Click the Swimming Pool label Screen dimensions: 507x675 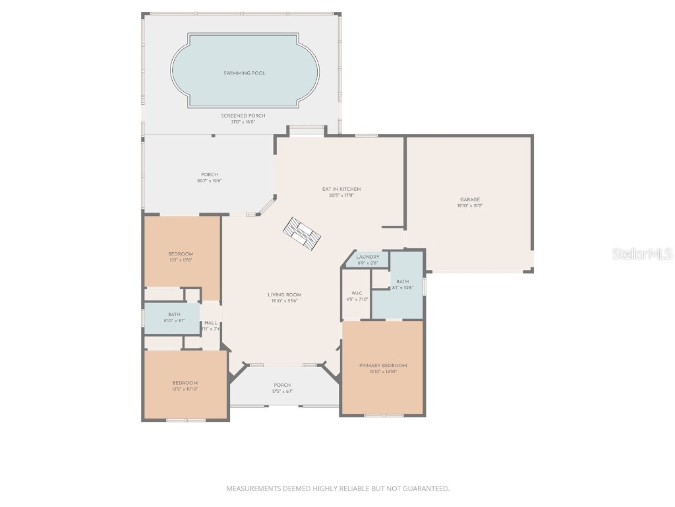pos(245,73)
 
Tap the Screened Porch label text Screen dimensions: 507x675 pos(243,116)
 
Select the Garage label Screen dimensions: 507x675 pos(469,199)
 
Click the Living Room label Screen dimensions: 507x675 pos(284,294)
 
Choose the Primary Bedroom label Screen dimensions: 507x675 pos(382,365)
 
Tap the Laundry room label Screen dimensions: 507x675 pos(368,257)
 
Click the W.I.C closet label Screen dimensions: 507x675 pos(357,293)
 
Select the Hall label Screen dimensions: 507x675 pos(210,323)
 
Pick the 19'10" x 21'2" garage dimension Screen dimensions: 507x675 pos(469,206)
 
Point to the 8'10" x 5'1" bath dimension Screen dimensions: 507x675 pos(174,321)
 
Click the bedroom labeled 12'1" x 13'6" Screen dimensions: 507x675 pos(181,254)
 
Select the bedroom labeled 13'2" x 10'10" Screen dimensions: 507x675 pos(185,383)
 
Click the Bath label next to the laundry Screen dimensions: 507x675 pos(402,282)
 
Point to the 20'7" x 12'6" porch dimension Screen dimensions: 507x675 pos(209,181)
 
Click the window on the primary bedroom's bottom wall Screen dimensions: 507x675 pos(384,415)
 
